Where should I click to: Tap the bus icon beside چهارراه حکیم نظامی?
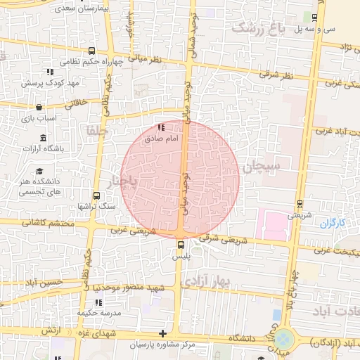tap(92, 51)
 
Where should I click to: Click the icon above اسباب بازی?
tap(38, 108)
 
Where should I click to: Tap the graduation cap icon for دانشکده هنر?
tap(39, 172)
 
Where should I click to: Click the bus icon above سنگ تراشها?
tap(96, 197)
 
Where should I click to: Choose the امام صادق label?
tap(157, 139)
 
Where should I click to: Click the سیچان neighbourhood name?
tap(263, 167)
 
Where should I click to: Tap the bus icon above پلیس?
tap(181, 245)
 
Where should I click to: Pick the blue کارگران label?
tap(333, 224)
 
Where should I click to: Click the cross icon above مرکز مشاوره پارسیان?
tap(163, 333)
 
